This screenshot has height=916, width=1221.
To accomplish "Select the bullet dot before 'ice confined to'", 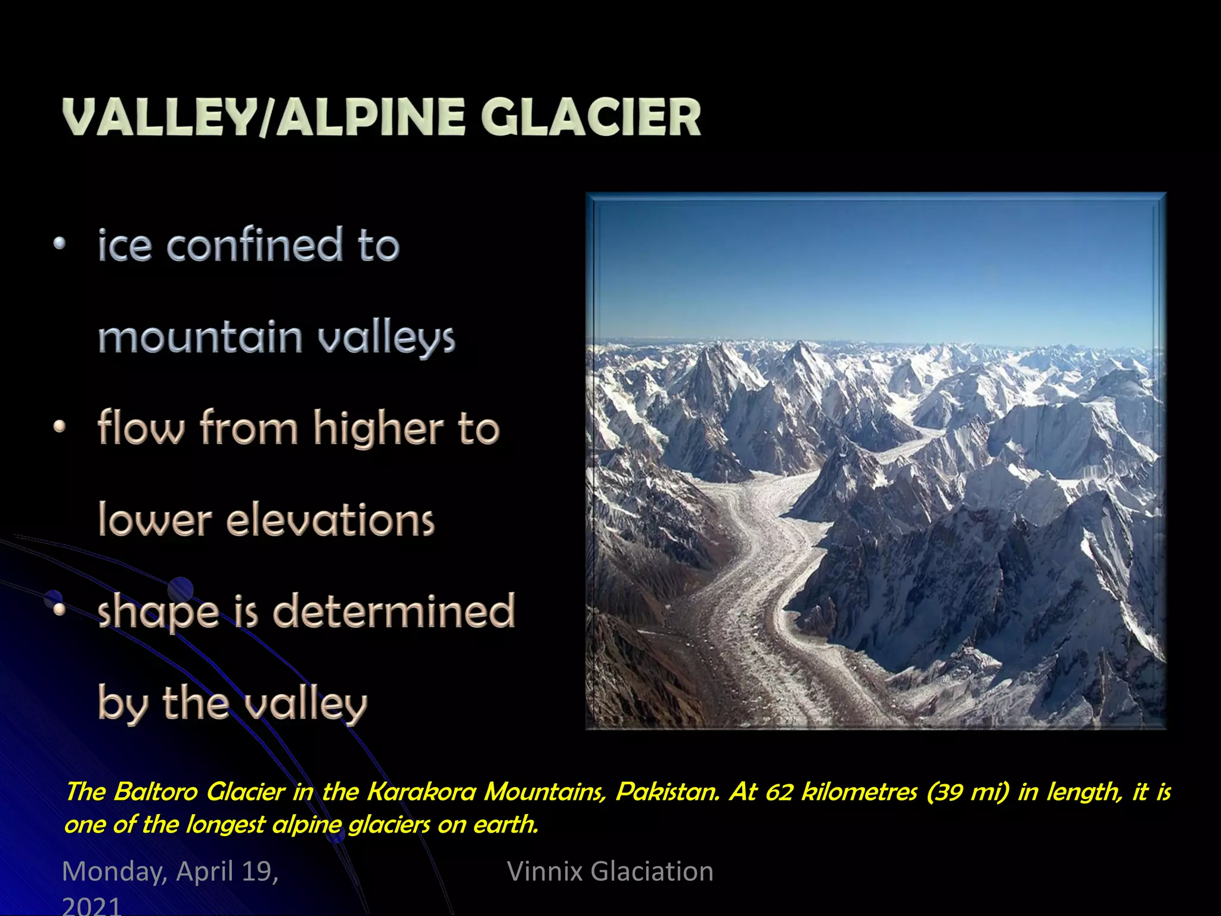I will coord(59,243).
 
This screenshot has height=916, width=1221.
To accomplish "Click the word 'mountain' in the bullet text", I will coord(200,337).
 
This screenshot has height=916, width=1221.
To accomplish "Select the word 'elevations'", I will coord(330,520).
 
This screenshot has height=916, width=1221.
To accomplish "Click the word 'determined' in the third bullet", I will coord(393,611).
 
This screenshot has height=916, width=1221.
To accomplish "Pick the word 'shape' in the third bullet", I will coord(159,612).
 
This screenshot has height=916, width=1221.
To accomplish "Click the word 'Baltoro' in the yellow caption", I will coord(156,792).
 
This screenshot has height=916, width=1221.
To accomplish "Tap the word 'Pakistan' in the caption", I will coord(668,792).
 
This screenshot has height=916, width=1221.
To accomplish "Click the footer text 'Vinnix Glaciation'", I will coord(610,871).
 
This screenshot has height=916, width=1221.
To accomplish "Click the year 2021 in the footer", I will coord(92,905).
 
